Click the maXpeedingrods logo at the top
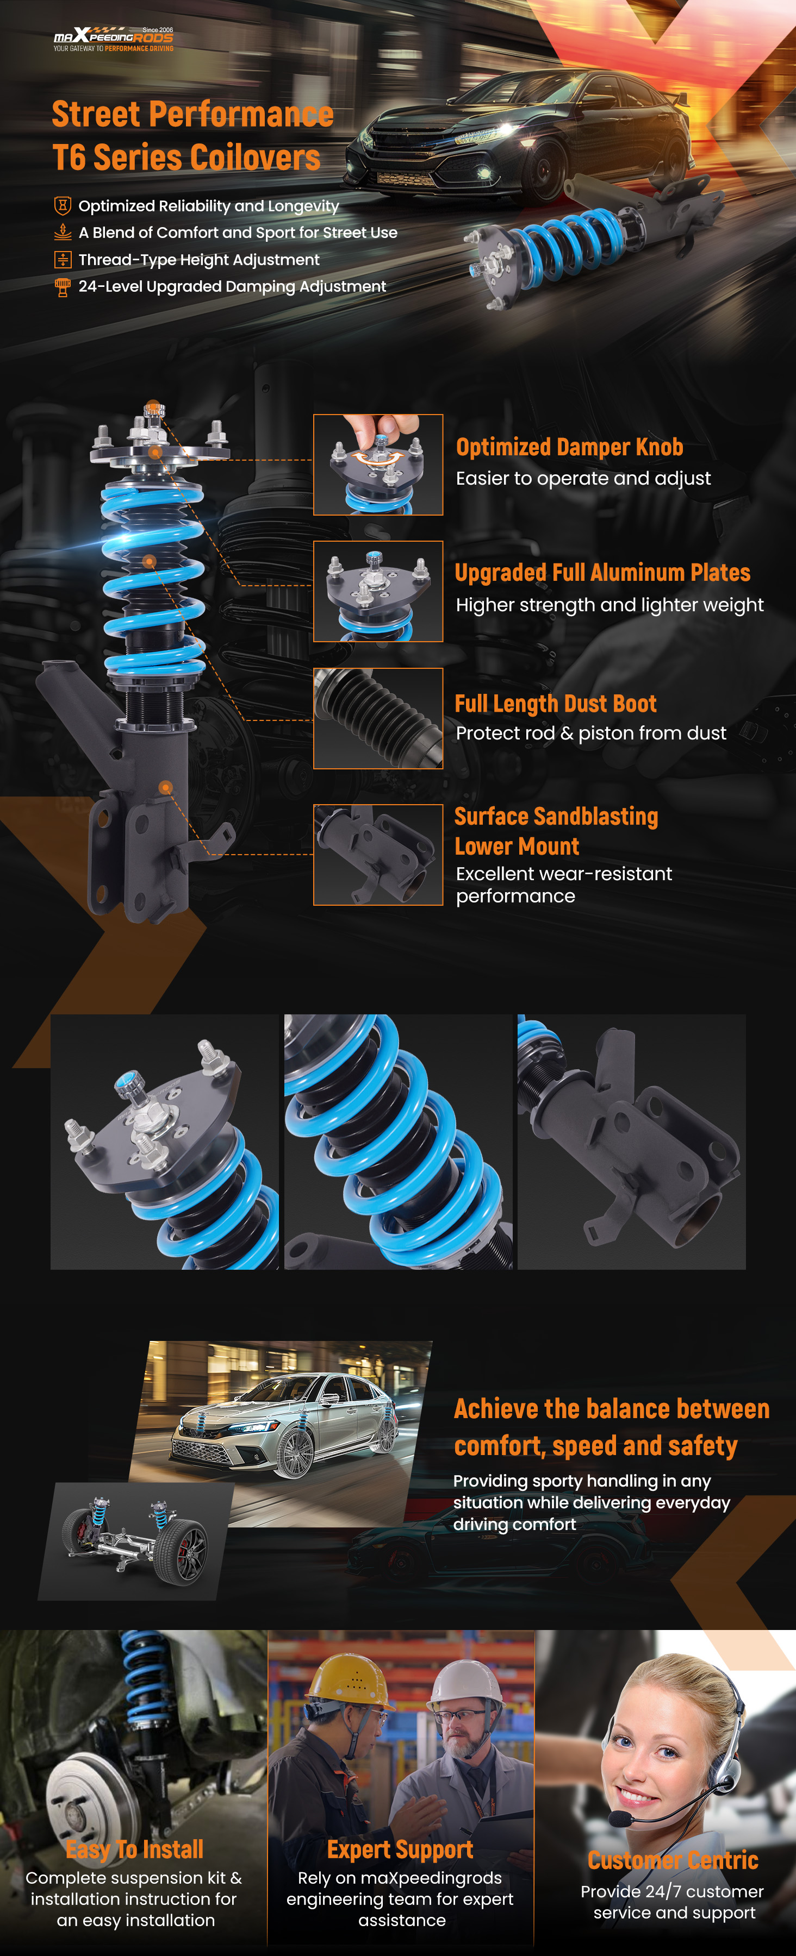[x=113, y=39]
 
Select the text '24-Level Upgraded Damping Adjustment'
[x=232, y=286]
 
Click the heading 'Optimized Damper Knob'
[x=570, y=447]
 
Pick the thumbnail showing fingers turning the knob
[x=378, y=465]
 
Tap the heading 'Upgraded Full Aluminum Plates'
[x=602, y=573]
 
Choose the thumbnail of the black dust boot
[x=378, y=718]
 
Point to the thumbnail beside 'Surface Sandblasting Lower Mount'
[x=378, y=855]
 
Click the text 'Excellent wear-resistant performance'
[x=564, y=885]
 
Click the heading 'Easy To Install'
[x=134, y=1849]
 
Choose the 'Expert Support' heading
[x=400, y=1849]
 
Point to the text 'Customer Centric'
[x=673, y=1860]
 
